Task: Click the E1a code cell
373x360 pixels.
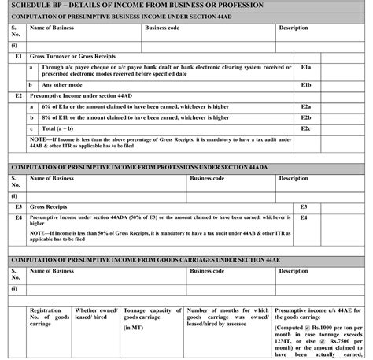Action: coord(307,69)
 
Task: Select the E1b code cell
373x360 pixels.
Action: coord(307,84)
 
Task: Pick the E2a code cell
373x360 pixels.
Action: coord(307,106)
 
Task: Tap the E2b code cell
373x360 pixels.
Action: coord(307,117)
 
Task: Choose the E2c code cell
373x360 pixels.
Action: coord(307,127)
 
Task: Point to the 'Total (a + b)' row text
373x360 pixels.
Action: coord(60,127)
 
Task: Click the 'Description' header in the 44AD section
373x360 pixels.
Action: coord(293,28)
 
